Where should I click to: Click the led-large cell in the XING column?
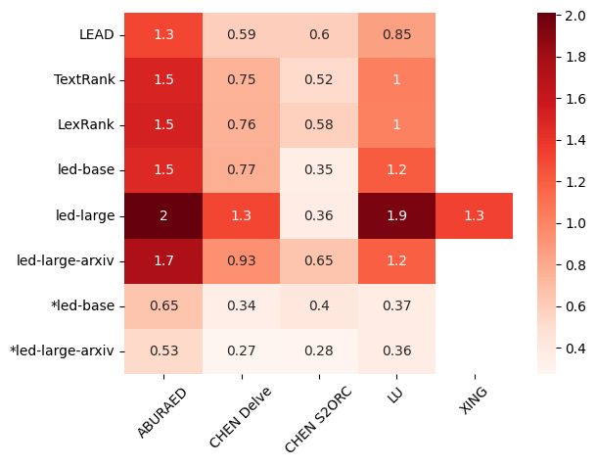pos(474,215)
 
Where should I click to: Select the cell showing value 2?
pos(163,215)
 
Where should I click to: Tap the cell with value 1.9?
pos(396,215)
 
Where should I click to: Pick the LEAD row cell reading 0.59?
pos(241,34)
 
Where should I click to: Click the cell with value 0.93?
pos(241,260)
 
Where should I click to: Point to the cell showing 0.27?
pos(241,350)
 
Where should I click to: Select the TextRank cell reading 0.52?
pos(318,79)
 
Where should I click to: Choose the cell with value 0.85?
pos(396,34)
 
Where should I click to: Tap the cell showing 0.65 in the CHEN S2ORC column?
pos(318,260)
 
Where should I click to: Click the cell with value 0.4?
pos(318,305)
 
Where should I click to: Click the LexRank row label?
pos(90,125)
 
